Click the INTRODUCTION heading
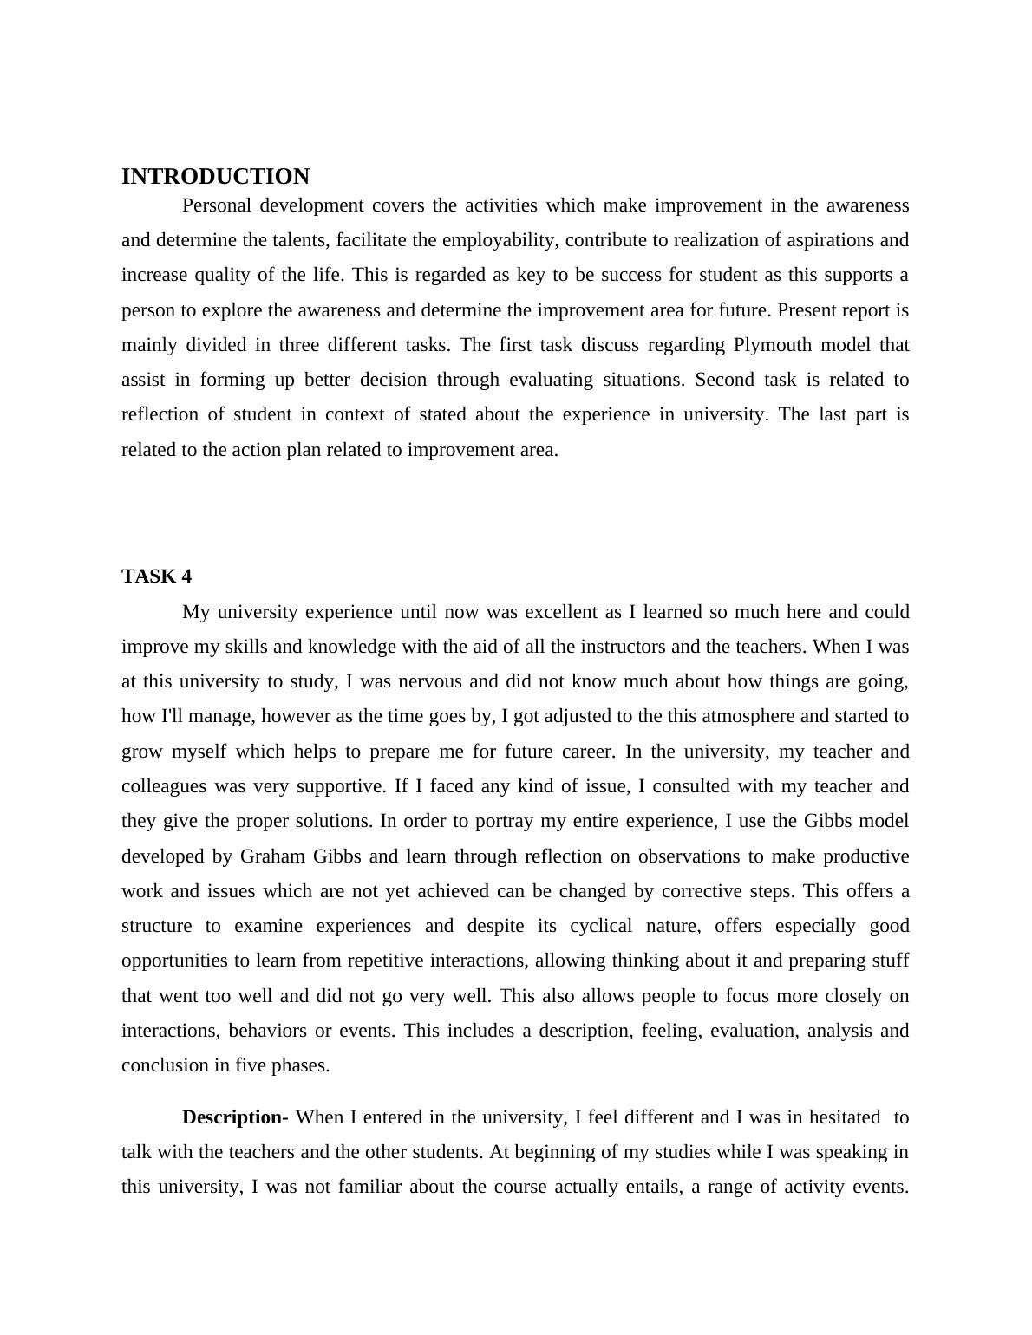point(215,177)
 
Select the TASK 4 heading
point(156,576)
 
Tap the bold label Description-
point(235,1117)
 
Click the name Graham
point(272,856)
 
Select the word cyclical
point(602,926)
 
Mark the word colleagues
point(164,786)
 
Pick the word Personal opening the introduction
point(217,205)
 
